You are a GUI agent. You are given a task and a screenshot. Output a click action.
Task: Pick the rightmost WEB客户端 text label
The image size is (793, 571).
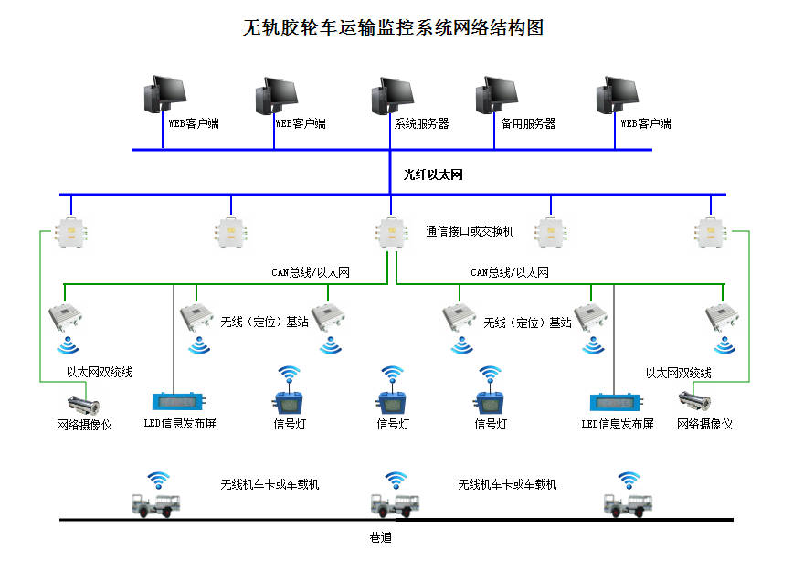tap(646, 123)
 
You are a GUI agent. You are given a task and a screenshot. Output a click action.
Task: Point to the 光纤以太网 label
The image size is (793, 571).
tap(433, 174)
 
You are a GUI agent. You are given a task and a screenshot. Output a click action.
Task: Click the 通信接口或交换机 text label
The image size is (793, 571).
tap(470, 232)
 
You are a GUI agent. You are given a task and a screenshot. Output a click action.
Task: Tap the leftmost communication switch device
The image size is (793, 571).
tap(68, 233)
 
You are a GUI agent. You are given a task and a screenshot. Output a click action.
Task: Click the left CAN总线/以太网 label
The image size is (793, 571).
tap(311, 272)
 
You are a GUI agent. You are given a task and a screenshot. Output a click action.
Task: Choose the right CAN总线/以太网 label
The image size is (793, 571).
tap(510, 272)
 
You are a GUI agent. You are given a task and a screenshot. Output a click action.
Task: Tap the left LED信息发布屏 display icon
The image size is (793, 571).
tap(180, 401)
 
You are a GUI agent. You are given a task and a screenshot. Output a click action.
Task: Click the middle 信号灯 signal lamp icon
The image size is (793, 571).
tap(393, 402)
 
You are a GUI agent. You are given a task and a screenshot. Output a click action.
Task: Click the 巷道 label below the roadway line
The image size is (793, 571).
tap(380, 538)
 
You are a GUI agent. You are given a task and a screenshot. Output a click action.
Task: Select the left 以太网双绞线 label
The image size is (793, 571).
tap(100, 372)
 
